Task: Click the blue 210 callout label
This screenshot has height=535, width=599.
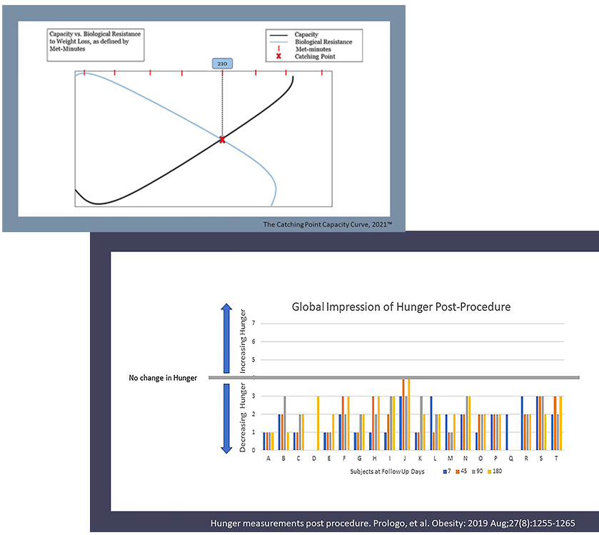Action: (x=222, y=64)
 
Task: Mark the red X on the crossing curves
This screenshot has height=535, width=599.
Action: (x=222, y=139)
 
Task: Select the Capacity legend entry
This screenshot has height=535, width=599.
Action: (x=294, y=34)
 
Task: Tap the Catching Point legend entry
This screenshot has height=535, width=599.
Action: (x=306, y=56)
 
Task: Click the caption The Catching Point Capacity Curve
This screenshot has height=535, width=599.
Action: (x=328, y=224)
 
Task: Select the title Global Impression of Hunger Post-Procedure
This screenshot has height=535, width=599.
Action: (x=401, y=307)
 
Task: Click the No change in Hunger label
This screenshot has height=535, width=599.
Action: (x=163, y=378)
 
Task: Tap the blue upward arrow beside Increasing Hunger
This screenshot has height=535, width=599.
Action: (x=226, y=338)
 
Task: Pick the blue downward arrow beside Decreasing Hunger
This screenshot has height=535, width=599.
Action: (x=226, y=419)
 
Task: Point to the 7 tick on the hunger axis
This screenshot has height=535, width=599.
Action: (x=253, y=324)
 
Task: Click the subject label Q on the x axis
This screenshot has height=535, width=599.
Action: (x=510, y=458)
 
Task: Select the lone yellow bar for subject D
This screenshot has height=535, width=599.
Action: (x=318, y=423)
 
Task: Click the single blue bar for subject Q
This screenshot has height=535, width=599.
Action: (x=507, y=432)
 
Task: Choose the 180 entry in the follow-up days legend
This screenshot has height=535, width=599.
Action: (x=495, y=471)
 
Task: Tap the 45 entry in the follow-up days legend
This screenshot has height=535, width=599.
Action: (x=461, y=471)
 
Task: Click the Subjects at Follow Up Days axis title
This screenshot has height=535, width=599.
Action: (x=387, y=471)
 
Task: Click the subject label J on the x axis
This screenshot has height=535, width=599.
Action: (x=405, y=458)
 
